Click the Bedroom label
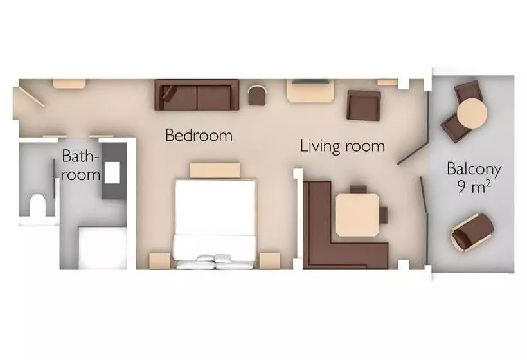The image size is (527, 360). point(199,135)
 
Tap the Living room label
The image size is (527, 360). point(342,146)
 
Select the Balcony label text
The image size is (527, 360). point(474,168)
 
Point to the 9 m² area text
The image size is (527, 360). point(474,186)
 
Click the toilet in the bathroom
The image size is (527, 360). point(38,205)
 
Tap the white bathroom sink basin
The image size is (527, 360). point(112,172)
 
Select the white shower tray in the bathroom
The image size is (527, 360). point(103,248)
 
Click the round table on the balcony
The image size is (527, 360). point(472,114)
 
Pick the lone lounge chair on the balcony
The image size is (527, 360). point(472,232)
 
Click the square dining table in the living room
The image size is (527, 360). point(357,215)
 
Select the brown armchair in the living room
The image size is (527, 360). point(364,105)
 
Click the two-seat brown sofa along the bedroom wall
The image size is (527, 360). point(197,94)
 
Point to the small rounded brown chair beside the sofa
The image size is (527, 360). point(257,95)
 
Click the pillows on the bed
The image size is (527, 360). point(214,262)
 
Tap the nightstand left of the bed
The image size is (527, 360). point(159,260)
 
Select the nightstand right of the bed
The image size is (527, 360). point(269,260)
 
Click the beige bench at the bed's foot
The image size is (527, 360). point(215,170)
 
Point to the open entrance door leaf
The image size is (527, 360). point(31,97)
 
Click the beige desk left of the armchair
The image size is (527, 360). point(310,91)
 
